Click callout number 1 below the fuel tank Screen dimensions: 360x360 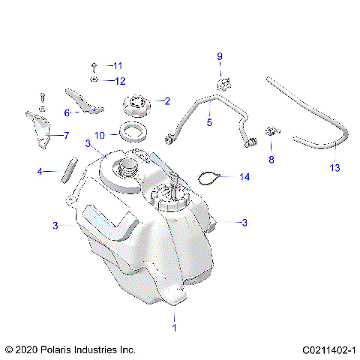coord(175,328)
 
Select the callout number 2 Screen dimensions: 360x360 coord(166,100)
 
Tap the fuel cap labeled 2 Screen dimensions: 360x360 coord(136,103)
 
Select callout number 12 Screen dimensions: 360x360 coord(119,80)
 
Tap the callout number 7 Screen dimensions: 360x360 coord(65,136)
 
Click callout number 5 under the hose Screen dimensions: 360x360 coord(209,121)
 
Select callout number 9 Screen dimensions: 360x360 coord(220,56)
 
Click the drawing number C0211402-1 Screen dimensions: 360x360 coord(329,349)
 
